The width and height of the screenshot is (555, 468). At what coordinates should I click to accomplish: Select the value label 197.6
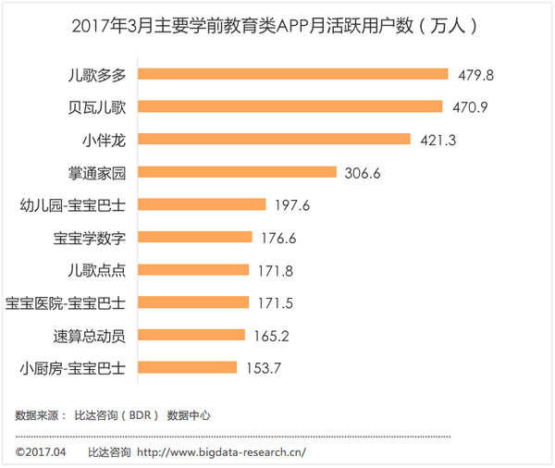[x=291, y=204]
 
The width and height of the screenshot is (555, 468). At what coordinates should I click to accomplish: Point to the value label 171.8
[x=275, y=269]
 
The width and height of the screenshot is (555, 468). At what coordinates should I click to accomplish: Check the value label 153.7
[x=264, y=366]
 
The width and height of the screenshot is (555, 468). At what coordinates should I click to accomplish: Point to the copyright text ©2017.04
[x=42, y=452]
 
